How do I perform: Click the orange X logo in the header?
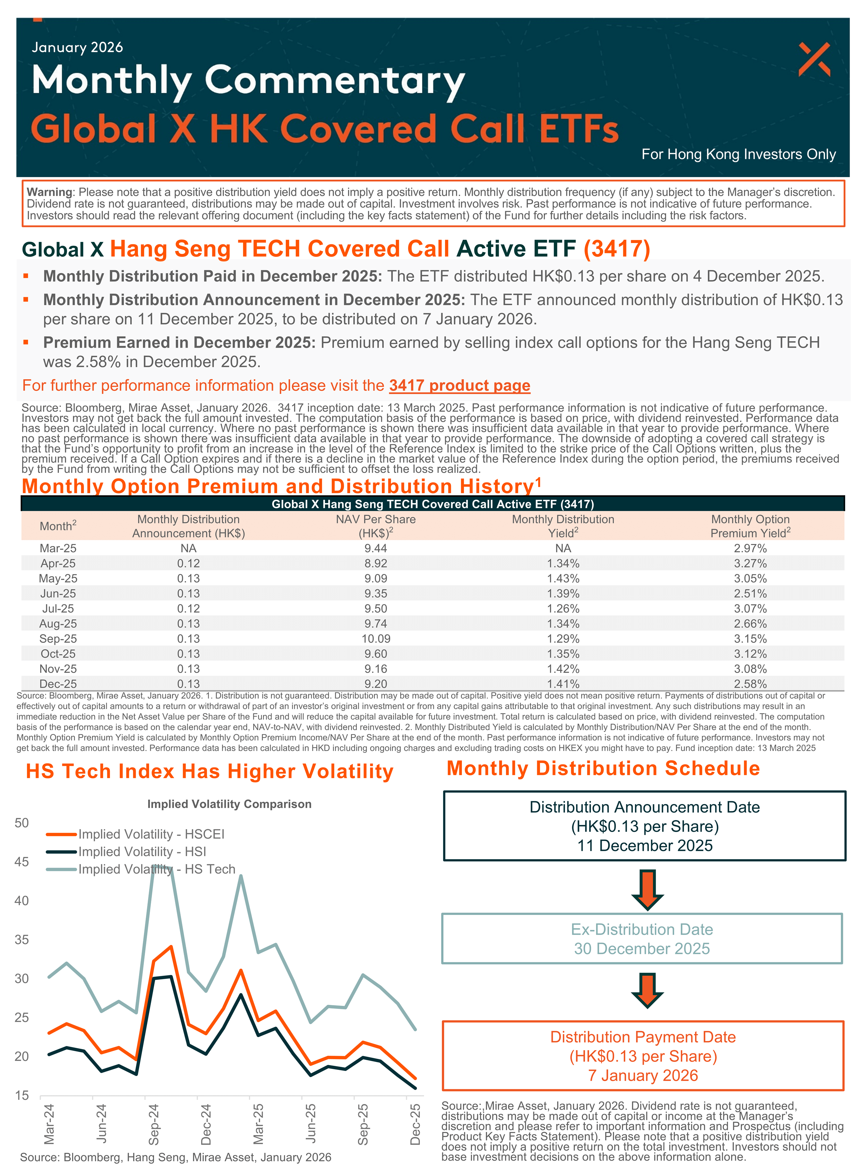(814, 59)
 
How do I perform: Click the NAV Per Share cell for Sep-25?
(376, 639)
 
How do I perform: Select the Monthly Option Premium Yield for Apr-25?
(750, 563)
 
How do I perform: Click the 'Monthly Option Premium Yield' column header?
(750, 526)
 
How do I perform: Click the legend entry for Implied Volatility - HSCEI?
(151, 834)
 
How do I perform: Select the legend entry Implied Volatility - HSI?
(142, 851)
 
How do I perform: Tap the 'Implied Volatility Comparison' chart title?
(229, 804)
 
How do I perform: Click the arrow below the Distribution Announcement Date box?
(647, 889)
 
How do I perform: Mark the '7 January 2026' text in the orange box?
(643, 1075)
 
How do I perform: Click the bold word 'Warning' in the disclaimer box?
(49, 192)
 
